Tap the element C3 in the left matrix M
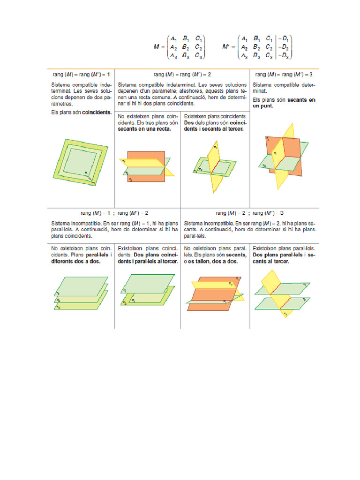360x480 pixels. pyautogui.click(x=199, y=56)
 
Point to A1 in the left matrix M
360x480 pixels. pyautogui.click(x=173, y=38)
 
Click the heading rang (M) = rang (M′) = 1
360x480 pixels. pyautogui.click(x=81, y=75)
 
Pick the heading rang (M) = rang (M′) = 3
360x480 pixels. pyautogui.click(x=284, y=75)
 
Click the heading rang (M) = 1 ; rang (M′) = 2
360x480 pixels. pyautogui.click(x=114, y=213)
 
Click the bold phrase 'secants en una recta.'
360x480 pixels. pyautogui.click(x=144, y=128)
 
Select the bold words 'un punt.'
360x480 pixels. pyautogui.click(x=263, y=106)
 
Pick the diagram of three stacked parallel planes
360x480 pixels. pyautogui.click(x=81, y=293)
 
